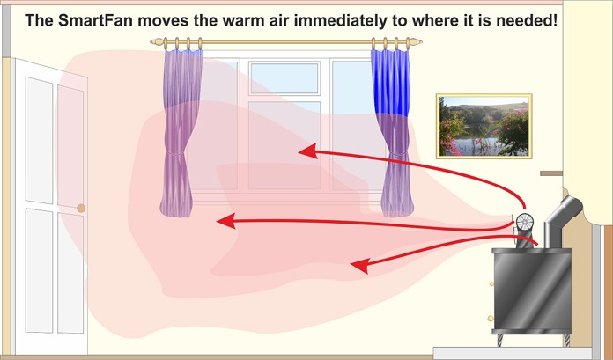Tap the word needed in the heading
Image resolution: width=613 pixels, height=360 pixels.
coord(526,19)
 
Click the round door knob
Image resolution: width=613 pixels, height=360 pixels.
coord(81,209)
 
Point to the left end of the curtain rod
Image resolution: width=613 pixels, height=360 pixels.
coord(155,41)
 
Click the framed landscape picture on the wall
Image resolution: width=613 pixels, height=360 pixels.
coord(484,126)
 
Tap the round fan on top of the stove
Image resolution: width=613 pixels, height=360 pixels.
coord(527,224)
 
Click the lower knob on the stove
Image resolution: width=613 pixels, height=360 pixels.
coord(490,318)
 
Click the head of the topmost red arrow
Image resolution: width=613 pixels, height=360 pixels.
coord(306,151)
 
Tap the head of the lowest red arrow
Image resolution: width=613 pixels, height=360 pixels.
coord(358,263)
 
